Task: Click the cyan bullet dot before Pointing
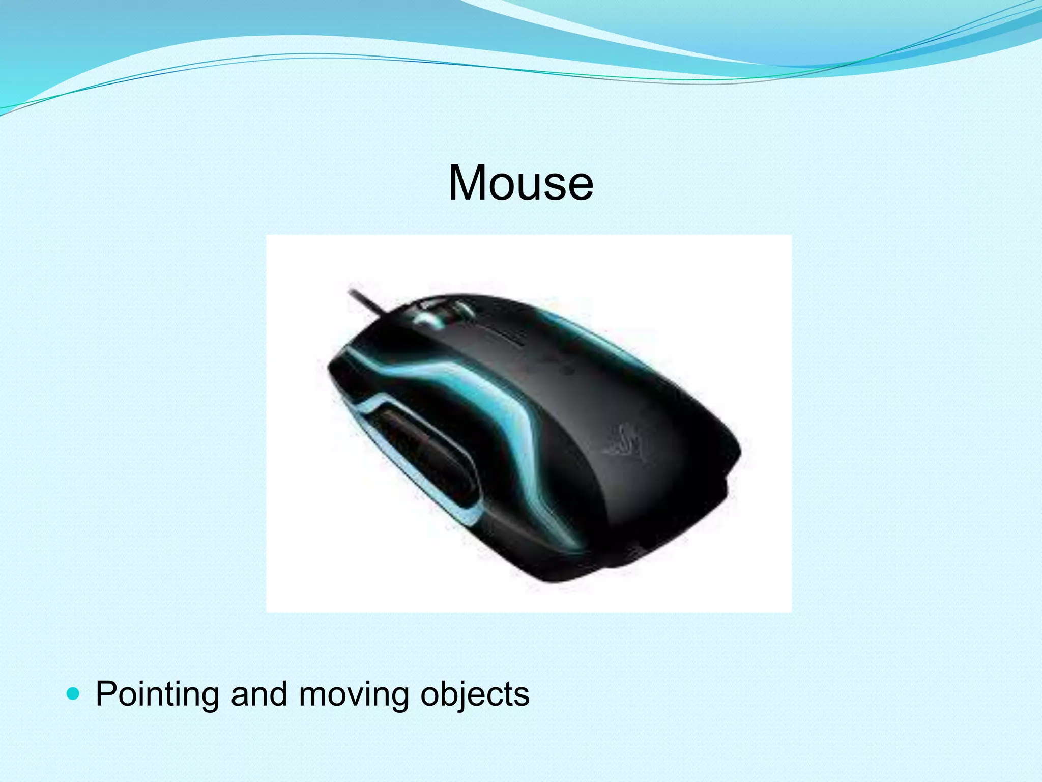point(74,693)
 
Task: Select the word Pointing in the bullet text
point(157,694)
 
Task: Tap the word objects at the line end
point(474,694)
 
